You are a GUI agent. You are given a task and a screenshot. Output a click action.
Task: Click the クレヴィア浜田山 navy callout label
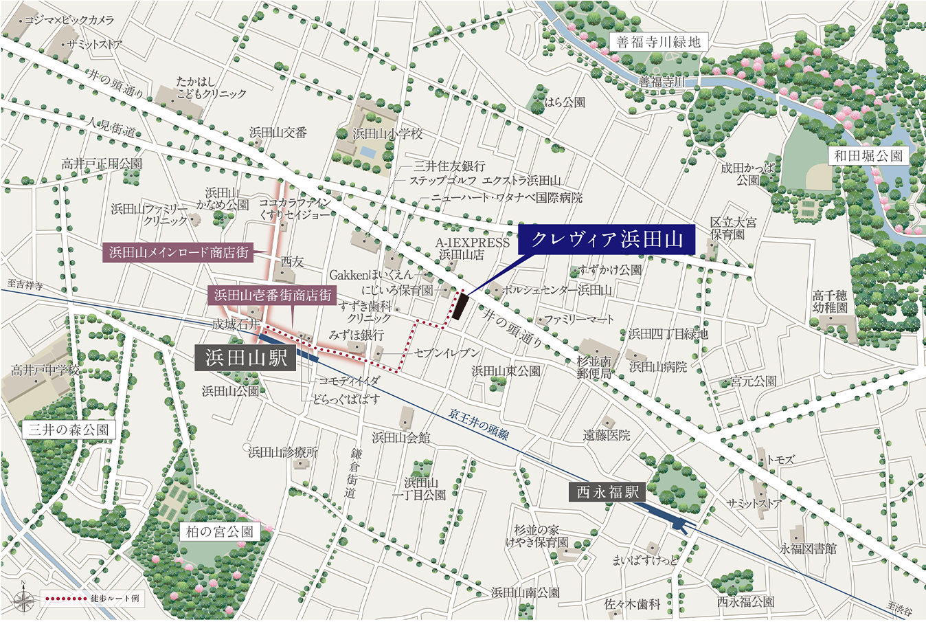pyautogui.click(x=607, y=239)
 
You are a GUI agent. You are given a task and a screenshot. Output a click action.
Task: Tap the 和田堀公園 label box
pyautogui.click(x=868, y=156)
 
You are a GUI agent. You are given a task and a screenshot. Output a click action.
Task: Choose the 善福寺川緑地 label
pyautogui.click(x=658, y=42)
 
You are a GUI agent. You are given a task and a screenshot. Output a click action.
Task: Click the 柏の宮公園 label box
pyautogui.click(x=220, y=531)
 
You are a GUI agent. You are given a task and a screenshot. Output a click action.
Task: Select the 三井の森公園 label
pyautogui.click(x=68, y=430)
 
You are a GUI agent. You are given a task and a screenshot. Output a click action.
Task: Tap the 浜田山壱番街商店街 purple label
pyautogui.click(x=272, y=296)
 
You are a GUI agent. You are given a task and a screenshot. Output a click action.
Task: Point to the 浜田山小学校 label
pyautogui.click(x=387, y=134)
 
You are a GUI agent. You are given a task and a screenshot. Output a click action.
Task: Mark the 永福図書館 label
pyautogui.click(x=808, y=548)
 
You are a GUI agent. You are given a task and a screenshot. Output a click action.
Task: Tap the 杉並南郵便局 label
pyautogui.click(x=594, y=368)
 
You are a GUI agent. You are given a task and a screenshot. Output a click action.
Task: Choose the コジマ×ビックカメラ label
pyautogui.click(x=69, y=21)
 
